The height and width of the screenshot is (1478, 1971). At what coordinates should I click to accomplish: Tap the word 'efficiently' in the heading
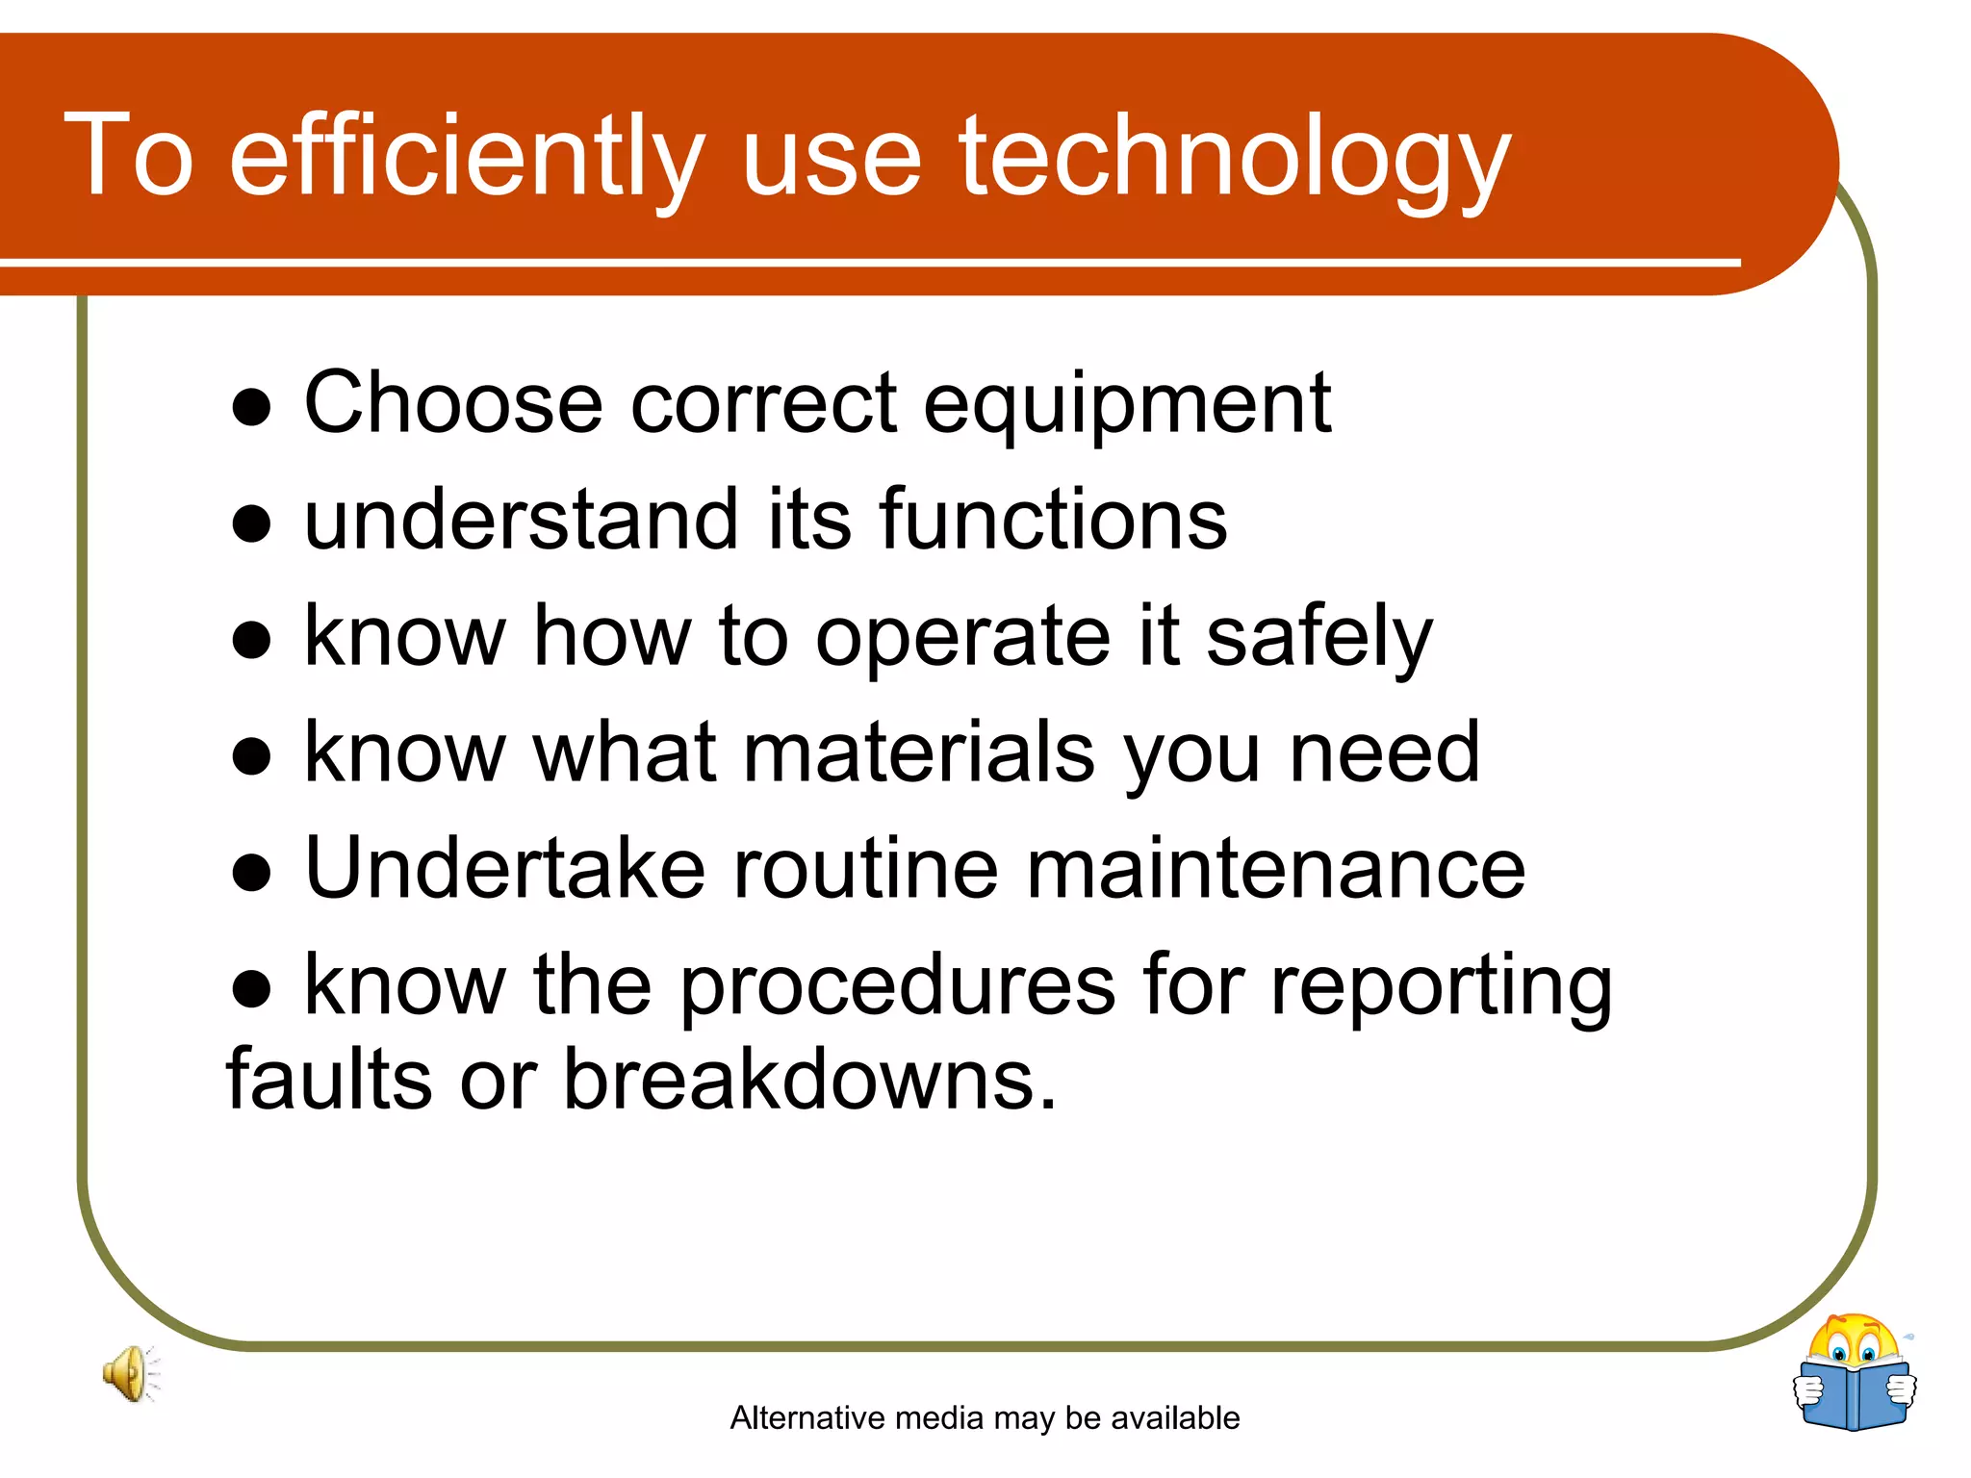pyautogui.click(x=468, y=157)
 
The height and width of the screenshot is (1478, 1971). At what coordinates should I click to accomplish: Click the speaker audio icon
pyautogui.click(x=131, y=1373)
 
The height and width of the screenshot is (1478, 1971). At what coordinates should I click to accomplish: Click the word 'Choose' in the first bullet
pyautogui.click(x=453, y=403)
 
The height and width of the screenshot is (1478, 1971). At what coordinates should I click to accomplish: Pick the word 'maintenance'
pyautogui.click(x=1275, y=870)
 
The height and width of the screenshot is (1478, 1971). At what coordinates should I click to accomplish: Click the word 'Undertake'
pyautogui.click(x=505, y=870)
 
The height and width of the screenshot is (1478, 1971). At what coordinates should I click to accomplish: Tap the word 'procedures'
pyautogui.click(x=898, y=987)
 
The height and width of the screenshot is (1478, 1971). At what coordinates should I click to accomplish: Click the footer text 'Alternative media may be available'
pyautogui.click(x=985, y=1417)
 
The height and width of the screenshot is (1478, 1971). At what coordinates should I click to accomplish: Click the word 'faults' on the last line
pyautogui.click(x=328, y=1081)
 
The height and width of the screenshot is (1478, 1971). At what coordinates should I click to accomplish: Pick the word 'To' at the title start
pyautogui.click(x=130, y=157)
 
